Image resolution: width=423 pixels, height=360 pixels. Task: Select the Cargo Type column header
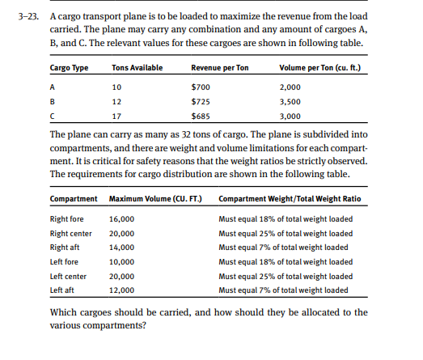(x=69, y=67)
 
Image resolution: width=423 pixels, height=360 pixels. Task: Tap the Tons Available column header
(x=137, y=67)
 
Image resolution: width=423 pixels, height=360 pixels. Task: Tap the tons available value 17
(x=116, y=116)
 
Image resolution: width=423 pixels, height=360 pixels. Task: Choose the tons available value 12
(x=116, y=101)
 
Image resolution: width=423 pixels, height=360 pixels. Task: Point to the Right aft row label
(x=65, y=247)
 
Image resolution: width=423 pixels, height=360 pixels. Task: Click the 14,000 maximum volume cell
(x=121, y=247)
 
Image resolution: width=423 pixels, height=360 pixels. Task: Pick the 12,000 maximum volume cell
(x=121, y=289)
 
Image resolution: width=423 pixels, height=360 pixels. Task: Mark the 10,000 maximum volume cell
(x=121, y=261)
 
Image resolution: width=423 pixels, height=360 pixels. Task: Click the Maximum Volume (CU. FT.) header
(x=154, y=199)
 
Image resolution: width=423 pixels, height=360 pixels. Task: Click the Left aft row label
(x=63, y=289)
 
